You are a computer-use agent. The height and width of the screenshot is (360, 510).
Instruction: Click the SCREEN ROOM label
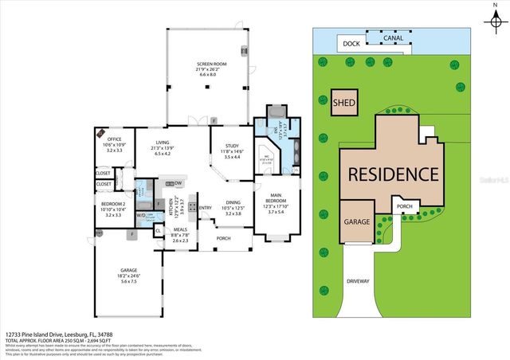click(x=212, y=65)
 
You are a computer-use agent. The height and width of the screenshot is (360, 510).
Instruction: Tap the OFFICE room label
click(x=114, y=139)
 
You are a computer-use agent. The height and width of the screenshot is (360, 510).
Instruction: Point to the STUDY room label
click(x=232, y=146)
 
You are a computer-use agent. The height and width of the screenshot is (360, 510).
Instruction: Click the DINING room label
click(x=233, y=203)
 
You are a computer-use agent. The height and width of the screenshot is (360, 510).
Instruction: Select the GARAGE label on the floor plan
click(x=129, y=270)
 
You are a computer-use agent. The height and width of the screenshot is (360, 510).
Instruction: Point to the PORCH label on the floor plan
click(x=223, y=238)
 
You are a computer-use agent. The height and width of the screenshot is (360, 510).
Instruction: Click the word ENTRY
click(x=206, y=209)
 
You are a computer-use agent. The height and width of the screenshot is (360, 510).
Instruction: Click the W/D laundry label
click(x=141, y=214)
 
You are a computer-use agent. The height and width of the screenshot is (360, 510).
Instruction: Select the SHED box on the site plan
click(x=344, y=101)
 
